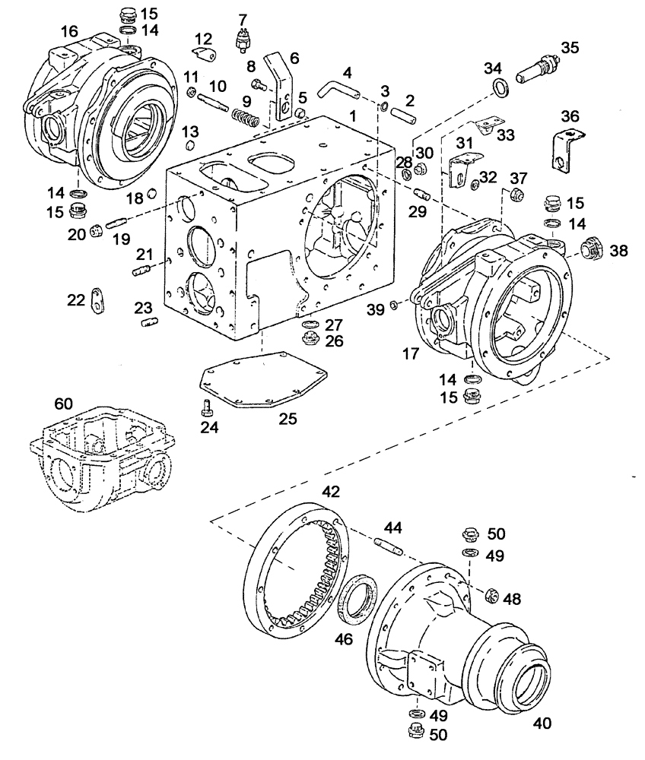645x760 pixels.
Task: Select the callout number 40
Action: (x=543, y=723)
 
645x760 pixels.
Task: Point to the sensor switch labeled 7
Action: (x=243, y=38)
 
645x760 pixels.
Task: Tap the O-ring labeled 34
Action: (x=499, y=88)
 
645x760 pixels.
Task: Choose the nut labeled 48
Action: (x=491, y=596)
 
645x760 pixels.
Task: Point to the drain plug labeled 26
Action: (x=310, y=340)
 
